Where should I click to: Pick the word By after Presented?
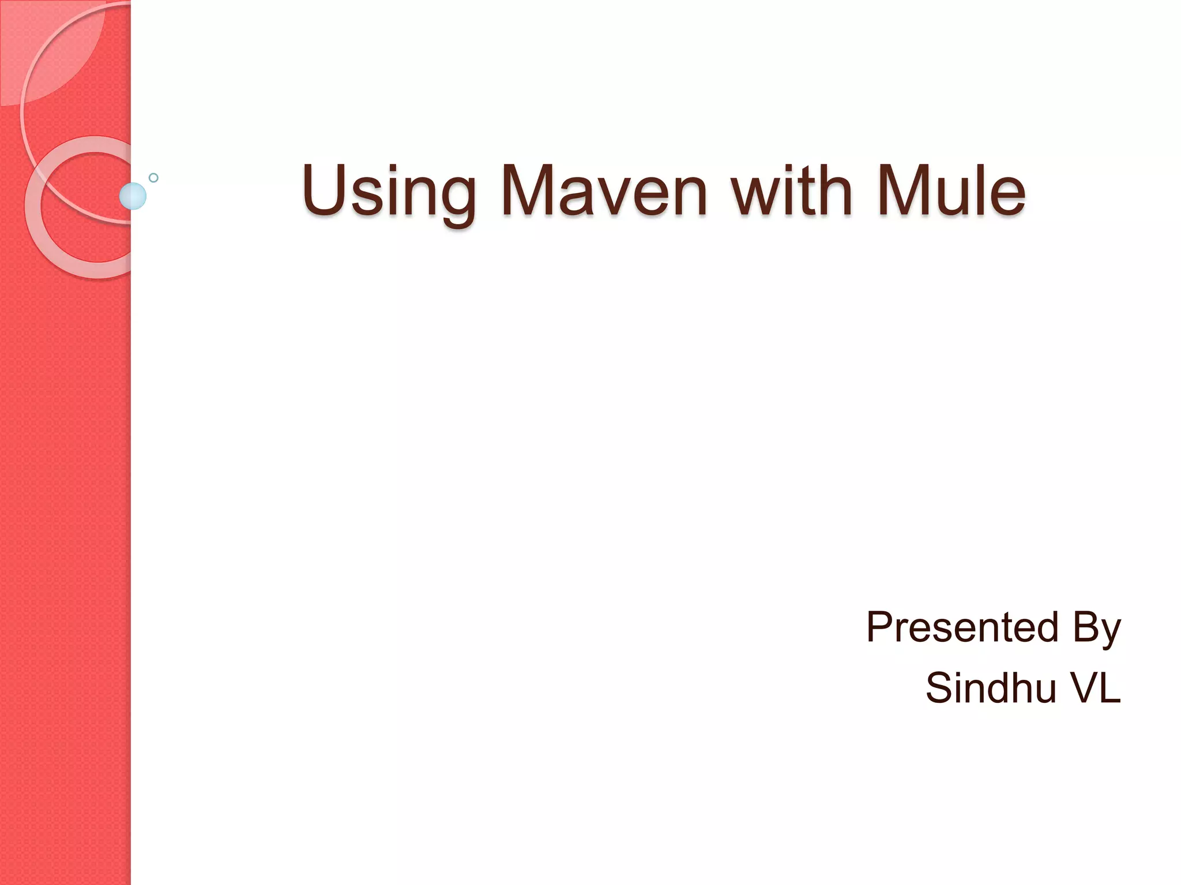1097,628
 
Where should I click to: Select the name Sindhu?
991,688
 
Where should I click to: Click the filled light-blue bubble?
133,196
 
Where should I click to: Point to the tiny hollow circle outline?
153,177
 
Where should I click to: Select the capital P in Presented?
881,627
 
